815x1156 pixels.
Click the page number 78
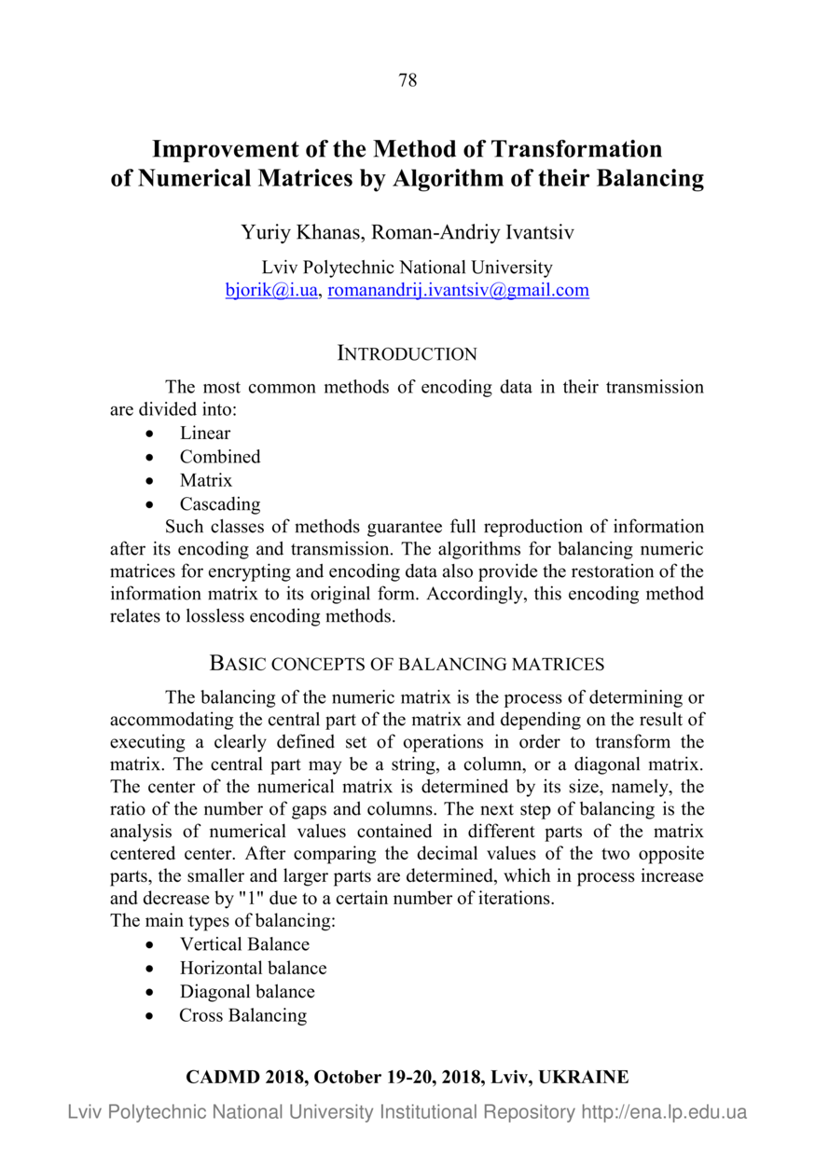coord(407,80)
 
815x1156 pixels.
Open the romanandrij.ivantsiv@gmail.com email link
coord(459,290)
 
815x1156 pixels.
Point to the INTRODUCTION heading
coord(407,354)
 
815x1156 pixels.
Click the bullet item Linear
coord(205,433)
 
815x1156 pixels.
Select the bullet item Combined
coord(220,457)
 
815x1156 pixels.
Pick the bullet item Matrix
coord(206,481)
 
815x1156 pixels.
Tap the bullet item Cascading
coord(220,504)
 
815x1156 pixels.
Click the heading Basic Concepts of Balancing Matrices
coord(407,665)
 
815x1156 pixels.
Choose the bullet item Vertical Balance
coord(244,944)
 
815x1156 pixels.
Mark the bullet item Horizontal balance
coord(253,968)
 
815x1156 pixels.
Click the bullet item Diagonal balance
coord(247,992)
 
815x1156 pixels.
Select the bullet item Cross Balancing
coord(242,1015)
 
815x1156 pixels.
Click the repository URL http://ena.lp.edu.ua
coord(664,1112)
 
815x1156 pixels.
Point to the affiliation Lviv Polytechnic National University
coord(407,268)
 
